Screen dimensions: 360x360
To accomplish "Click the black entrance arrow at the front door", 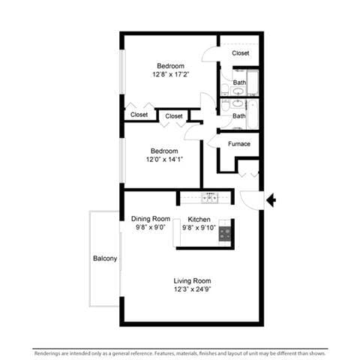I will click(x=272, y=200).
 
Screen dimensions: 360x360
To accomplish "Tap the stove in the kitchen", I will click(x=225, y=233).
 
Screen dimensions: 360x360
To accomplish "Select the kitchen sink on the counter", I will click(x=209, y=198).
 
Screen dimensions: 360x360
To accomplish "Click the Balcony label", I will click(x=105, y=259).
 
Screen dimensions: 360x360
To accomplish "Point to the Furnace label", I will click(x=238, y=144).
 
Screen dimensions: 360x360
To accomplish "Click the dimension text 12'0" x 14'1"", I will click(x=164, y=159).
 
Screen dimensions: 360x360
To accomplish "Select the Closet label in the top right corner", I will click(x=240, y=53).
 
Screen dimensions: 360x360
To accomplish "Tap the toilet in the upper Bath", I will click(x=225, y=89).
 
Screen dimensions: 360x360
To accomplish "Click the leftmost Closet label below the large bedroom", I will click(x=139, y=115).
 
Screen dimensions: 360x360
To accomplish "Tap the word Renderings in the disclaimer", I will click(x=49, y=352).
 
